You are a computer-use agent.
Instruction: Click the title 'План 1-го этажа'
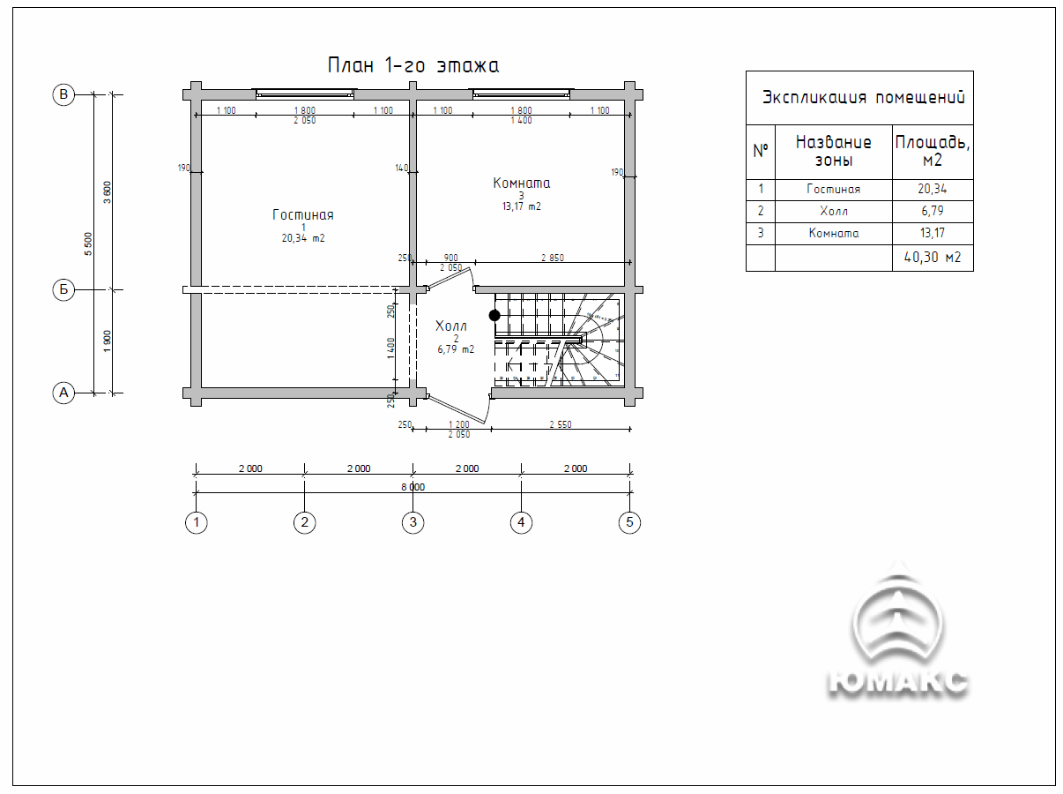coord(413,65)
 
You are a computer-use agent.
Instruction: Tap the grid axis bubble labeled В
coord(63,94)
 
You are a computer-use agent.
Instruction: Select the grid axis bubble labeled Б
coord(63,290)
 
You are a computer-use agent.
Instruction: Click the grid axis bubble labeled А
coord(63,393)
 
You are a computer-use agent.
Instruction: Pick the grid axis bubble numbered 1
coord(197,522)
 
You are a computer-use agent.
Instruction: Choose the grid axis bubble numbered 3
coord(413,522)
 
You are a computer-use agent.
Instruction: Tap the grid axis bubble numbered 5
coord(629,522)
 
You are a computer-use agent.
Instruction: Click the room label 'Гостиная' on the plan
coord(303,214)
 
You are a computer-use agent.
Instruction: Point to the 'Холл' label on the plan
coord(451,326)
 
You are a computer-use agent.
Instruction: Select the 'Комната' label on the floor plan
coord(522,184)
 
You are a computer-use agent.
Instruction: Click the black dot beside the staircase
coord(494,316)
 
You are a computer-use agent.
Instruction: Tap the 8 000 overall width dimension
coord(413,487)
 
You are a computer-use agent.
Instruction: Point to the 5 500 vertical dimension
coord(88,243)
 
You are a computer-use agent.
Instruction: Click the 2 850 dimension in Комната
coord(553,258)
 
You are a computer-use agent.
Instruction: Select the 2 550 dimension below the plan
coord(561,424)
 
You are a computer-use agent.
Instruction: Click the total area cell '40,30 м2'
coord(933,257)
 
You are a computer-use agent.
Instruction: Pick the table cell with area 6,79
coord(933,211)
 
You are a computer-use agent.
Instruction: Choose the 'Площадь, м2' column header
coord(933,151)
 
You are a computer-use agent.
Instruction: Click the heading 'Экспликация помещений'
coord(864,97)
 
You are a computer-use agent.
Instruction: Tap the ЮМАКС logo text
coord(898,683)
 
